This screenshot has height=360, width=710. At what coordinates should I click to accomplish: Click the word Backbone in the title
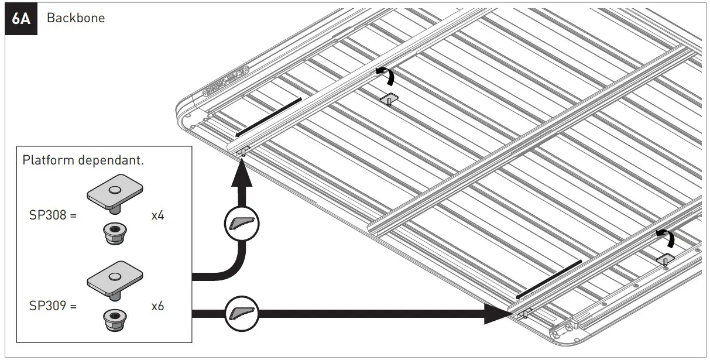click(x=76, y=18)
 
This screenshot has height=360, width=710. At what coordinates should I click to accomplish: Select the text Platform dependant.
click(x=83, y=160)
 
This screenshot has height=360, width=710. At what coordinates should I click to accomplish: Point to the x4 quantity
click(x=157, y=216)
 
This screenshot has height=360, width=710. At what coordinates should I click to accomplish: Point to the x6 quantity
click(x=157, y=305)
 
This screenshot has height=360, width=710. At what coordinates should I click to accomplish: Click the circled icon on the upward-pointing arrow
click(x=241, y=222)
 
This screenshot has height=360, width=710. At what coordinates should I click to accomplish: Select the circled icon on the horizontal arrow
click(x=241, y=314)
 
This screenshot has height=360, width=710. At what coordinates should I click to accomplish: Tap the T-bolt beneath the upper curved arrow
click(x=389, y=100)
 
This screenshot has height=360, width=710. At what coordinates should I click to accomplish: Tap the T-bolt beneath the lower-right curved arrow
click(x=665, y=260)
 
